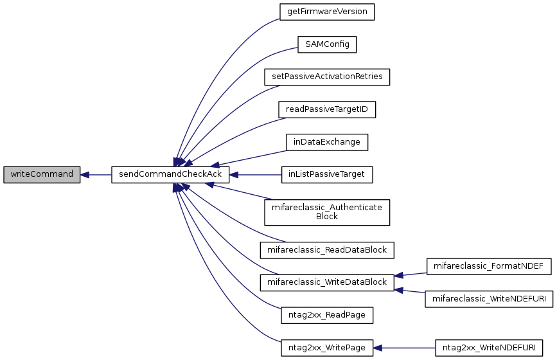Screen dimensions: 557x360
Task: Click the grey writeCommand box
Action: tap(42, 175)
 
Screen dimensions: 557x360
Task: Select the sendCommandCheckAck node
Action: tap(170, 175)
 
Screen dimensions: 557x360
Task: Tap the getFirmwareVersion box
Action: tap(327, 12)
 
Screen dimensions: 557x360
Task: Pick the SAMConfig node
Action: tap(327, 44)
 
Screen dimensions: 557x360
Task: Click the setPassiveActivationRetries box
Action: tap(327, 77)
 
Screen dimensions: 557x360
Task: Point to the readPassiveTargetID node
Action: tap(327, 109)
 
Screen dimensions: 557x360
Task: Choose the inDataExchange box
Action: tap(327, 142)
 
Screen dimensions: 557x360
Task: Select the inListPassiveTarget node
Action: tap(327, 175)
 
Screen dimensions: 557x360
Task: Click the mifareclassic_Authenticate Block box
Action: tap(327, 212)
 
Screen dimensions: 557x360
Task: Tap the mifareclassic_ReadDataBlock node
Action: tap(327, 250)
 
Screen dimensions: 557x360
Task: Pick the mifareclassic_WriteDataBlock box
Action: tap(327, 282)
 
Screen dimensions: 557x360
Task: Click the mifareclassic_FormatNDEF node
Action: tap(489, 266)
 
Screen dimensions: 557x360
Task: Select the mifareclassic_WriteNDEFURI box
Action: tap(489, 299)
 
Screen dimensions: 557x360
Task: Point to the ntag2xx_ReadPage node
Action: tap(327, 315)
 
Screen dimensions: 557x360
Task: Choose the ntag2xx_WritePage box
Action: tap(327, 348)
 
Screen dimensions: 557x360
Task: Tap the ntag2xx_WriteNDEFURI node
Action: tap(489, 348)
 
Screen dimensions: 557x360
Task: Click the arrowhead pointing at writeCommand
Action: tap(85, 175)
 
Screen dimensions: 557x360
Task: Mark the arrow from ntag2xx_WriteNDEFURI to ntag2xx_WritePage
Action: tap(404, 348)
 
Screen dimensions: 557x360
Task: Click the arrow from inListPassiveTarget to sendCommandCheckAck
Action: tap(256, 175)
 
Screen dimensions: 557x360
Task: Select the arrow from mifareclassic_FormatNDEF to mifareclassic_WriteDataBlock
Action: tap(411, 274)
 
